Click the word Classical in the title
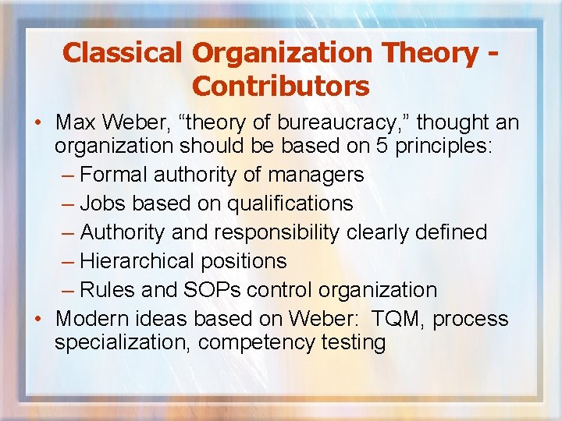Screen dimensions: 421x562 coord(123,52)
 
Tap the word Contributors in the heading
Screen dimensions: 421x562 coord(280,86)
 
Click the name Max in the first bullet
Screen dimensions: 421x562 coord(76,123)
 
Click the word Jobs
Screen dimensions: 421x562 coord(103,203)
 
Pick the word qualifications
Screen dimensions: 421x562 coord(290,203)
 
